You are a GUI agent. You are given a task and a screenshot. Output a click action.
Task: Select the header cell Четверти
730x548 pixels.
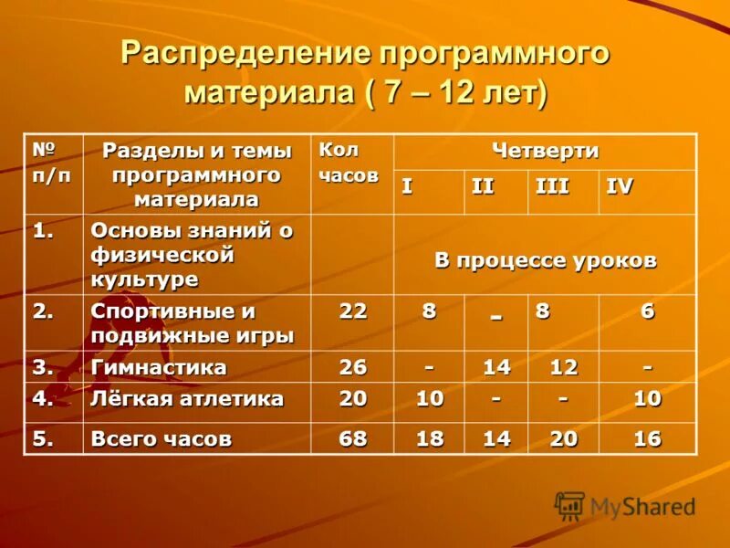545,151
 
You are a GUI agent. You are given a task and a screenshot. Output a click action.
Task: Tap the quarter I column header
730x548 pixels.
407,186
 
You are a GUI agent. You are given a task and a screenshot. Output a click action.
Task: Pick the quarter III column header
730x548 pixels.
552,186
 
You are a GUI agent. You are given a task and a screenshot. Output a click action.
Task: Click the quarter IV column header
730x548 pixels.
620,186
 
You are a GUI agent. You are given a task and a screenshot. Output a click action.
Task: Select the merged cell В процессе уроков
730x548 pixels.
545,260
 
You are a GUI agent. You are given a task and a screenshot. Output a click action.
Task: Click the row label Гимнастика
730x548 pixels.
159,367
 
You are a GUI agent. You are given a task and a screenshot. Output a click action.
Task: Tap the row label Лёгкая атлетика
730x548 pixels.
187,399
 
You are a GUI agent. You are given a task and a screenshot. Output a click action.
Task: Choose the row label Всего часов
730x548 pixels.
162,439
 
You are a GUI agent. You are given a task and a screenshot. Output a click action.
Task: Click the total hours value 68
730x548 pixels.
352,439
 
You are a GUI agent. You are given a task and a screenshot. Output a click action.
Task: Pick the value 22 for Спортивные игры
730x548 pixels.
352,311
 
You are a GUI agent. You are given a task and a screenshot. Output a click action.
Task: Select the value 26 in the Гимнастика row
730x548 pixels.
352,367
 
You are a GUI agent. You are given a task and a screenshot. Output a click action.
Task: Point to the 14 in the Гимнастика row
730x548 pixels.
496,367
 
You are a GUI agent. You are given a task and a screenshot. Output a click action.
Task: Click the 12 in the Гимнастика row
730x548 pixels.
564,367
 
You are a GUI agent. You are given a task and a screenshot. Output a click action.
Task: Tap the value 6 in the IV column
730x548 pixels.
647,311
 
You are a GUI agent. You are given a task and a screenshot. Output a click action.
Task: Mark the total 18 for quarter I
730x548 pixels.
430,439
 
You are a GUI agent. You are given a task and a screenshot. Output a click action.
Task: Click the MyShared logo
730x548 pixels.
625,506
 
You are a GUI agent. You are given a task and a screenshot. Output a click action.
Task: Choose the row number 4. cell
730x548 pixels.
44,399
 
